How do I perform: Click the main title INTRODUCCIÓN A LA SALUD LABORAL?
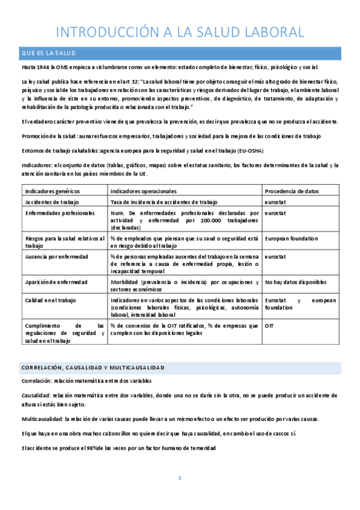180,31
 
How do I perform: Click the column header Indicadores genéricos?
49,191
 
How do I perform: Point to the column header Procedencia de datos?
292,191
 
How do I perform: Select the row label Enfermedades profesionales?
59,213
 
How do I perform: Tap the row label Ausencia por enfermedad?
56,257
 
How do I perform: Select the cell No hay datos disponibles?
296,282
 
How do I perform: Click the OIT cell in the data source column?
270,325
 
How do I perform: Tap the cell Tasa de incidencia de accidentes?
163,202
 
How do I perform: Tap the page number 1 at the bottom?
180,478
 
